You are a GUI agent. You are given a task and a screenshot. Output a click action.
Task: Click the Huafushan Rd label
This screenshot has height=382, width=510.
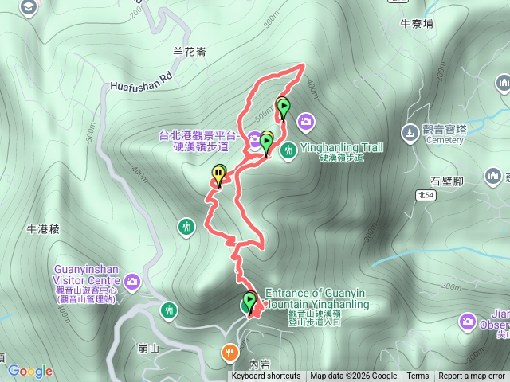(x=142, y=81)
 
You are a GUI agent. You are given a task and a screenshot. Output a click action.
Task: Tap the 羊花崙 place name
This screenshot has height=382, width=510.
(x=190, y=52)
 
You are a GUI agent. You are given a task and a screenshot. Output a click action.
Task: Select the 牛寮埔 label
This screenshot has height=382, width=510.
(x=417, y=24)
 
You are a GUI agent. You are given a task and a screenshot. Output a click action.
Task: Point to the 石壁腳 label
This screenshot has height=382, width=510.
(x=446, y=181)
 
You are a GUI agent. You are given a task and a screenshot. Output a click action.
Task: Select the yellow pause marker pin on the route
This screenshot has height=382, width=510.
(x=218, y=173)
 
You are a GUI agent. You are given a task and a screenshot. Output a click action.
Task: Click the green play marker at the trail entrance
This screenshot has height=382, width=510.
(x=249, y=302)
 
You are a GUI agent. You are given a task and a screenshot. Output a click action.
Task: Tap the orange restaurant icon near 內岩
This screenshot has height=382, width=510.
(x=230, y=351)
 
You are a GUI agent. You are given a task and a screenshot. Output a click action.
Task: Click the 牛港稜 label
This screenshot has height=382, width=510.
(x=44, y=229)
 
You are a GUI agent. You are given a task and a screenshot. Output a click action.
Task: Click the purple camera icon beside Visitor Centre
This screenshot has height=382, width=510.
(x=132, y=280)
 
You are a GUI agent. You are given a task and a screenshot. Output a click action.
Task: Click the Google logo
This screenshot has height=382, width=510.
(x=30, y=371)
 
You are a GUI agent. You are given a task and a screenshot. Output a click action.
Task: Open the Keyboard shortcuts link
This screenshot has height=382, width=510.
(x=266, y=376)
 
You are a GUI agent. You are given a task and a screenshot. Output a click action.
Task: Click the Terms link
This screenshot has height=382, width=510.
(x=418, y=376)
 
